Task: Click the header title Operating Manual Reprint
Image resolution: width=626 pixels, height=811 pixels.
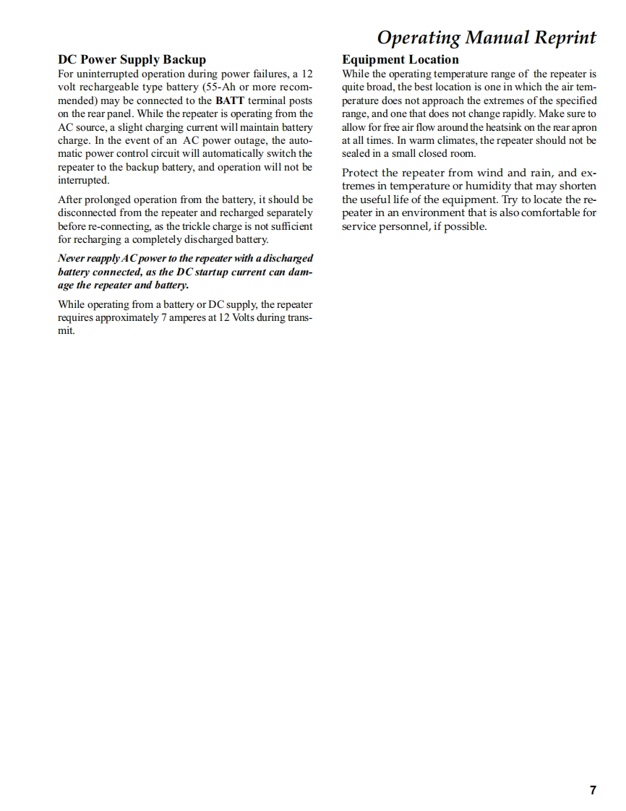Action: [x=486, y=38]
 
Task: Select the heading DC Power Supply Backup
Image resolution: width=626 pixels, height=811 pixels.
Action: [x=132, y=60]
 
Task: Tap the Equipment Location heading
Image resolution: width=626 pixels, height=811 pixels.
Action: [x=400, y=60]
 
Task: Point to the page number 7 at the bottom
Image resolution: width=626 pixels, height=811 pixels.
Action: [x=593, y=790]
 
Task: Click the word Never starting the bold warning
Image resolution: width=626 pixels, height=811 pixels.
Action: [x=72, y=258]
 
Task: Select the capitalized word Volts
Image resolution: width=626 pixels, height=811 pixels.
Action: [x=249, y=318]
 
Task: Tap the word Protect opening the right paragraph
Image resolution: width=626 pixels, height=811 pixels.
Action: [x=360, y=173]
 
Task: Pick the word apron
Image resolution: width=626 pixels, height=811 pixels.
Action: [x=583, y=127]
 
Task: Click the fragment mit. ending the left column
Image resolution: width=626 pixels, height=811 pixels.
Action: [x=66, y=331]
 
